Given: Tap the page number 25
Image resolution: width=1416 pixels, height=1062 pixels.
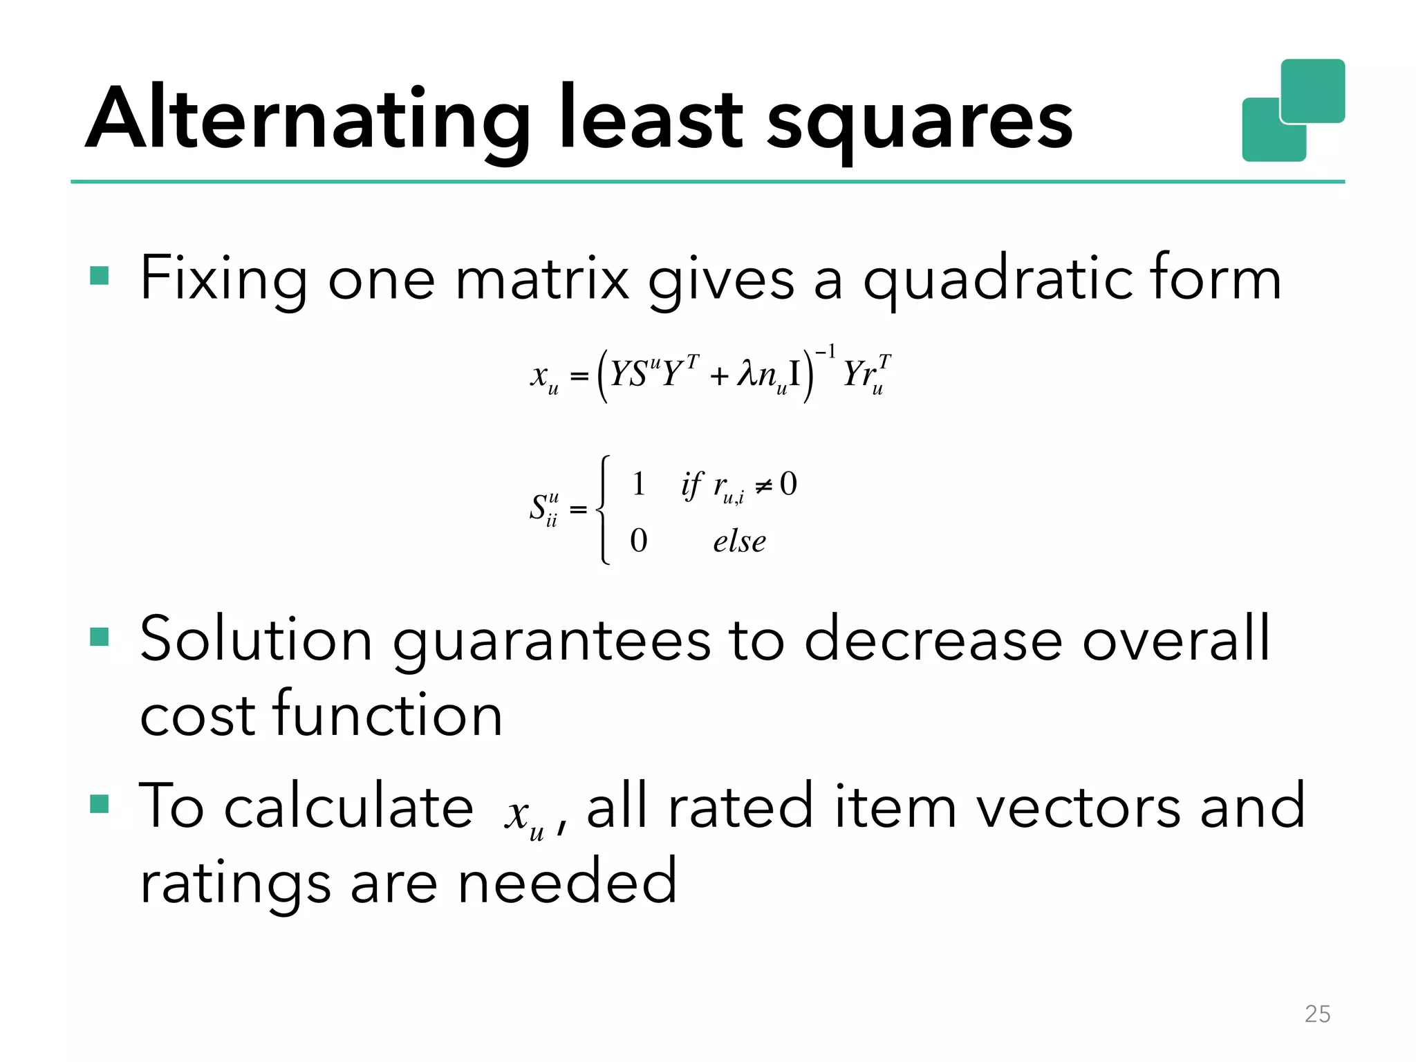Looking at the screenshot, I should (1317, 1014).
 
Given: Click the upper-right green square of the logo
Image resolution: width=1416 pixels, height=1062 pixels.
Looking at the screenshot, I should (1312, 90).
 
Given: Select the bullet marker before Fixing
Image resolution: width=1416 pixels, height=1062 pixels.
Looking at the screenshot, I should (100, 277).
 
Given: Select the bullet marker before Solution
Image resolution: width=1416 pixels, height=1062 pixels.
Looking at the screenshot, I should (100, 637).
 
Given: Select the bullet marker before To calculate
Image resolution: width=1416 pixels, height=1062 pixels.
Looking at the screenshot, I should (100, 804).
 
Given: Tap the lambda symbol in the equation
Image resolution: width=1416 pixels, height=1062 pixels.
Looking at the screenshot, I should (747, 374).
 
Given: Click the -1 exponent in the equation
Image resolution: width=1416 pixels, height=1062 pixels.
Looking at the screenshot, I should (826, 352).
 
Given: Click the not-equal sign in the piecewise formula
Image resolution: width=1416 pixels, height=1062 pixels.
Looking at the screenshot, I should (763, 486).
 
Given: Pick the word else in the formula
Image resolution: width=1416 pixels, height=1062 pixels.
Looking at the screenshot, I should (739, 541).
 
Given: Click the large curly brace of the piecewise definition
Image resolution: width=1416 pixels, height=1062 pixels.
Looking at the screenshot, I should (603, 510).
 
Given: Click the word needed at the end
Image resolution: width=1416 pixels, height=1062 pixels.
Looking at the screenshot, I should (567, 882).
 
